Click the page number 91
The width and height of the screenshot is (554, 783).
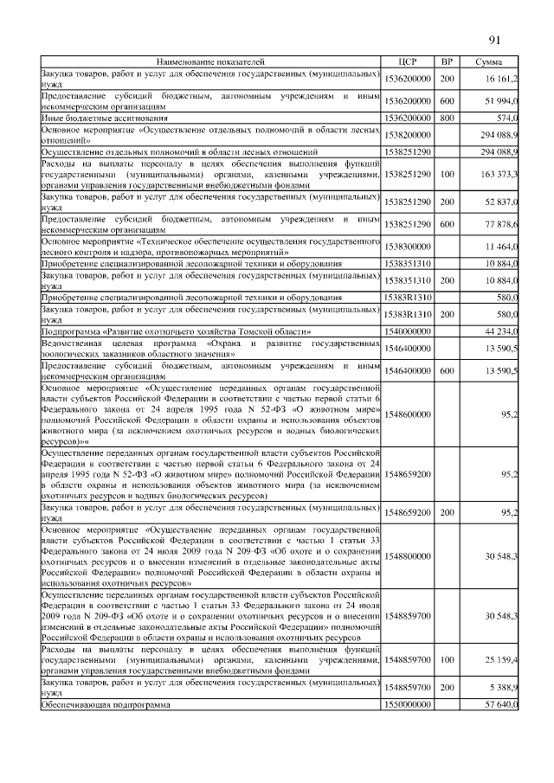494,40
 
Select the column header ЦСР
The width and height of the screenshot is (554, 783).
408,62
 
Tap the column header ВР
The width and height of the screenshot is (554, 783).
447,62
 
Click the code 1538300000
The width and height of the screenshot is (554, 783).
408,247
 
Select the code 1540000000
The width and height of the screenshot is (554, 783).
408,331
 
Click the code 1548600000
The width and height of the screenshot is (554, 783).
408,414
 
